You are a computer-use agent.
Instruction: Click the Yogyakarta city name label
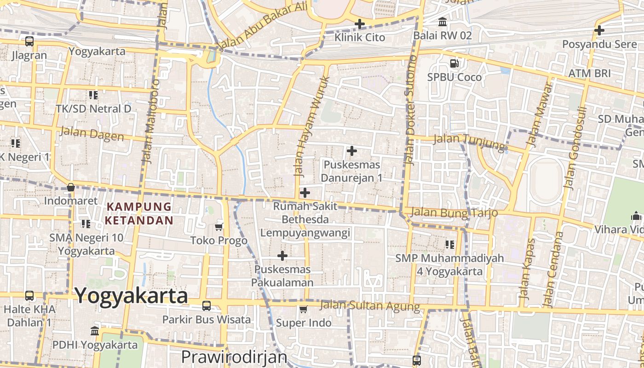point(131,296)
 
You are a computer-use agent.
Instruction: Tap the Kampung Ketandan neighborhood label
point(139,213)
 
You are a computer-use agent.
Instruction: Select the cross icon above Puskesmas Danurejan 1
point(352,151)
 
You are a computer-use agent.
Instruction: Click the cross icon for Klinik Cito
point(360,23)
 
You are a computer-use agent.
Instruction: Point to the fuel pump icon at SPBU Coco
point(454,63)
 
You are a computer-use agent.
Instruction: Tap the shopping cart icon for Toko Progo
point(219,227)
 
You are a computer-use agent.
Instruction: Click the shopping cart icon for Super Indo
point(303,310)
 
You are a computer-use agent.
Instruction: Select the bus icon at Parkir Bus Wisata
point(207,306)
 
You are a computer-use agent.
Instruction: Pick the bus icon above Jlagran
point(29,41)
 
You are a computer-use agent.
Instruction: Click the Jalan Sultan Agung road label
point(370,305)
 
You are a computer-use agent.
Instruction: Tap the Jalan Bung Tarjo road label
point(454,213)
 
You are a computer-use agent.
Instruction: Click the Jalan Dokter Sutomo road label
point(410,110)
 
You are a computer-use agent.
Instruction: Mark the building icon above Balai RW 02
point(443,22)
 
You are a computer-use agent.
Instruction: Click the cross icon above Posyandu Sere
point(599,30)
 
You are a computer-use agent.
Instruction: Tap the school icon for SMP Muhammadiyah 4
point(449,244)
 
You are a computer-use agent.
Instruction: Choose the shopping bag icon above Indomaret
point(71,187)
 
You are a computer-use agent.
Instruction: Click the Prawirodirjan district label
point(234,357)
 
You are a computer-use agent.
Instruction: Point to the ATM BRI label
point(589,73)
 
